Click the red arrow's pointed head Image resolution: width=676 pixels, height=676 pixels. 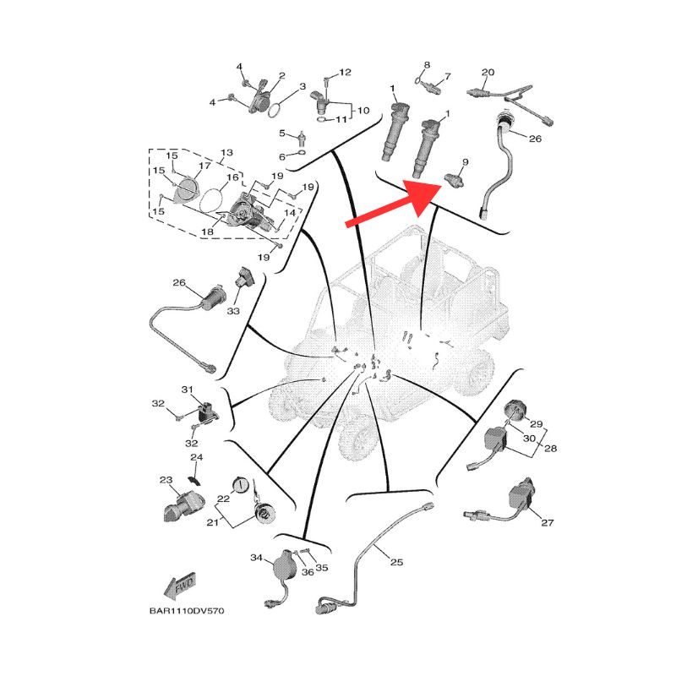pyautogui.click(x=440, y=185)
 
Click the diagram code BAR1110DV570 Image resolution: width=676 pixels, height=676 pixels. pyautogui.click(x=187, y=610)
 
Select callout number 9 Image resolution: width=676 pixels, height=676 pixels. pyautogui.click(x=466, y=162)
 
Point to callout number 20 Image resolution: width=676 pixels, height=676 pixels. pyautogui.click(x=488, y=72)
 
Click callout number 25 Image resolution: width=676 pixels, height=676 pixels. pyautogui.click(x=396, y=562)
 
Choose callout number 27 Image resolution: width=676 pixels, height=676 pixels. pyautogui.click(x=547, y=522)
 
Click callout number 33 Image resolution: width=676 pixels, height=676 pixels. pyautogui.click(x=233, y=311)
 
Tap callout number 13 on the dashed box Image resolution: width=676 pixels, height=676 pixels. pyautogui.click(x=226, y=153)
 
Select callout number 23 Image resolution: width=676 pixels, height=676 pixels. pyautogui.click(x=166, y=480)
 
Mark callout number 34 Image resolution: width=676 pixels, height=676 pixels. pyautogui.click(x=257, y=558)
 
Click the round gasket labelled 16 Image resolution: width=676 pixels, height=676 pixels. pyautogui.click(x=211, y=199)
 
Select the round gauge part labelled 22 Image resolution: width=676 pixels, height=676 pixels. pyautogui.click(x=241, y=485)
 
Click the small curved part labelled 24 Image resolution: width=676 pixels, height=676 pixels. pyautogui.click(x=195, y=480)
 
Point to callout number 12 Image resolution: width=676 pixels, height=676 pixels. pyautogui.click(x=345, y=72)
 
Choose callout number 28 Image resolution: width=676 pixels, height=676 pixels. pyautogui.click(x=551, y=449)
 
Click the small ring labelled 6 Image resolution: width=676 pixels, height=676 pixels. pyautogui.click(x=302, y=153)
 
